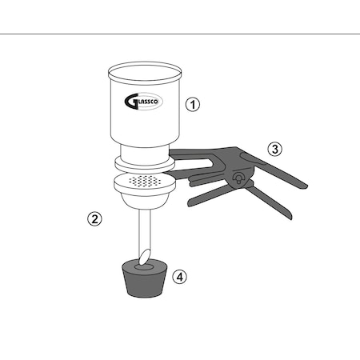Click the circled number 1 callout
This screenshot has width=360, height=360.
click(x=193, y=104)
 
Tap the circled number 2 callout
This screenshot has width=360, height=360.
click(x=94, y=219)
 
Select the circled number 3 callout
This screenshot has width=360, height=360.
click(x=275, y=149)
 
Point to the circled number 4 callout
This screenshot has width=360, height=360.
click(x=180, y=277)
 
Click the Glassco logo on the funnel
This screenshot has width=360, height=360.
click(x=143, y=102)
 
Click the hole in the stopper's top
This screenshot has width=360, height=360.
click(x=144, y=266)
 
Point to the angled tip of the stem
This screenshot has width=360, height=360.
click(x=145, y=257)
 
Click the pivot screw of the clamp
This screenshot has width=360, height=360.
click(x=238, y=178)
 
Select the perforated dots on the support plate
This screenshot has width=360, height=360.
click(x=145, y=181)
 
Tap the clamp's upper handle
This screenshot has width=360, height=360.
click(x=274, y=169)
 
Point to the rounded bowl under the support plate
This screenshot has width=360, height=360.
click(x=145, y=201)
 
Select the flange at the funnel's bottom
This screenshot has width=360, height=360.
click(x=144, y=164)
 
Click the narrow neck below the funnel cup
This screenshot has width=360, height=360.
click(x=145, y=155)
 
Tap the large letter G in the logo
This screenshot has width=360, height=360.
click(x=130, y=102)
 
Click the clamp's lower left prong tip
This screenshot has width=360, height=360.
click(x=190, y=202)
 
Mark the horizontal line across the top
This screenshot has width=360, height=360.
click(x=180, y=34)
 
